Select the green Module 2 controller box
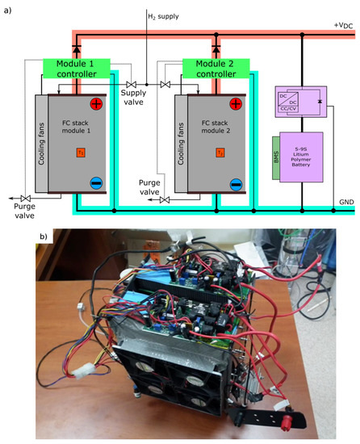[x=215, y=69]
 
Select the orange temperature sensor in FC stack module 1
[x=81, y=152]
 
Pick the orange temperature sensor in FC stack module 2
[x=220, y=152]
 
